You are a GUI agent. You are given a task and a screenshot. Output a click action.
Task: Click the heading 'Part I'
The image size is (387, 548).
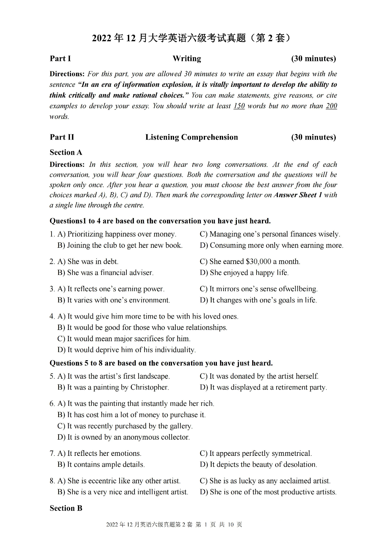(x=60, y=59)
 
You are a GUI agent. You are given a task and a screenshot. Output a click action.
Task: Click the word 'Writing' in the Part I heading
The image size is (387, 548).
(x=187, y=59)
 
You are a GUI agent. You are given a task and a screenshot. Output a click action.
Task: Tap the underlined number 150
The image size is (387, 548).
(x=239, y=106)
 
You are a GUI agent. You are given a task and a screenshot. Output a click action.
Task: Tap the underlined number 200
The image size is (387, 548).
(x=331, y=106)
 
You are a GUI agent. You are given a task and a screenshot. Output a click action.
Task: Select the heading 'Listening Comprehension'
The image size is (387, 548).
(x=192, y=137)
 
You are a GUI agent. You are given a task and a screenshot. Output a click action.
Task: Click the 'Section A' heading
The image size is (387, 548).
(x=66, y=152)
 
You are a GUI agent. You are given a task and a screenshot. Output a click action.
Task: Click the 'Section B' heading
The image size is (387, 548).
(x=66, y=508)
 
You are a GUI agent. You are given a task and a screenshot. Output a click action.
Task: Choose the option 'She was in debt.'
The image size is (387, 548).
(x=93, y=262)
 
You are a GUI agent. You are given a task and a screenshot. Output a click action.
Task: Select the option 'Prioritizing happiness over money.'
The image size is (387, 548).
(x=122, y=234)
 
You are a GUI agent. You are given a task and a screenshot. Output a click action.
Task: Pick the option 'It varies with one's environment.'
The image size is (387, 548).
(x=118, y=300)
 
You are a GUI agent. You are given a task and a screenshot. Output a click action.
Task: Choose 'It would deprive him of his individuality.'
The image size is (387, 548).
(x=131, y=350)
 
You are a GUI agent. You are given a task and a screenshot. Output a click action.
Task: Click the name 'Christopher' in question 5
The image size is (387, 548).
(x=149, y=387)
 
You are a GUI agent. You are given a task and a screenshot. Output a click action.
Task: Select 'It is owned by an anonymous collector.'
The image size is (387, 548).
(x=128, y=437)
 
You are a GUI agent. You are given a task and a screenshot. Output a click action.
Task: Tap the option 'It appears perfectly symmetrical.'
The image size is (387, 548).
(x=260, y=453)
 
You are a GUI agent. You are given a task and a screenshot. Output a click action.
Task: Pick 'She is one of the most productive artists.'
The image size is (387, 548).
(x=273, y=492)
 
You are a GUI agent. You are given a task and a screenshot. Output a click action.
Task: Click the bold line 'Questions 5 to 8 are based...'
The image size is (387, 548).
(x=161, y=363)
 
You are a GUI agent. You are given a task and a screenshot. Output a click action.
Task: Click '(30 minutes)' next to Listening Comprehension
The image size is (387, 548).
(x=313, y=137)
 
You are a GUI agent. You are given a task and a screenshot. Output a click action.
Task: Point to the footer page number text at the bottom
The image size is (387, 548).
(x=174, y=525)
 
